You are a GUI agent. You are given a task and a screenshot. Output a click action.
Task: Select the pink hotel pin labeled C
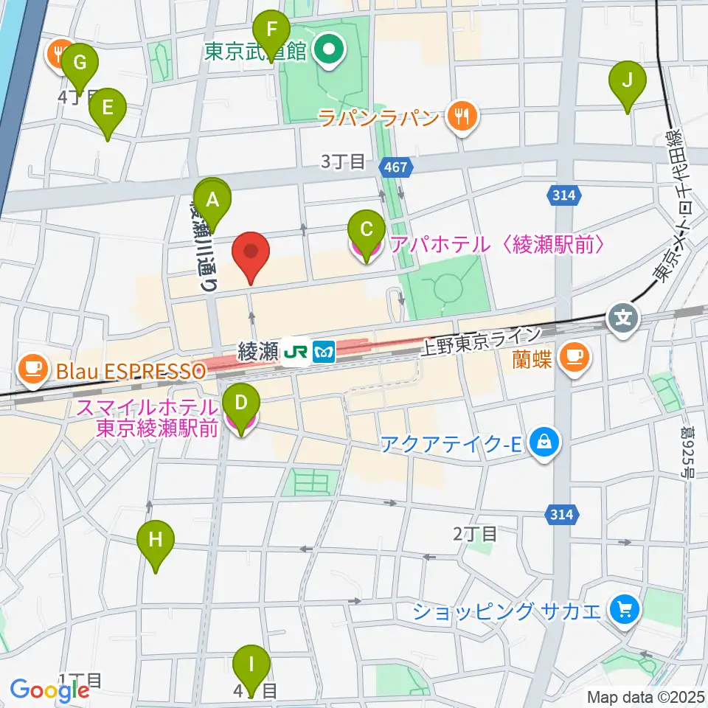[365, 235]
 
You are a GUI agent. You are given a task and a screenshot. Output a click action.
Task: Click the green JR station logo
[296, 353]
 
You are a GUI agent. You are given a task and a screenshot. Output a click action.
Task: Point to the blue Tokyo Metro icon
[323, 353]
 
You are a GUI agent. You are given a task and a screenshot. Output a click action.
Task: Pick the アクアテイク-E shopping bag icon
[544, 443]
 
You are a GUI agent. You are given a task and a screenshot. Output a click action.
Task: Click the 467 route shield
[395, 168]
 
